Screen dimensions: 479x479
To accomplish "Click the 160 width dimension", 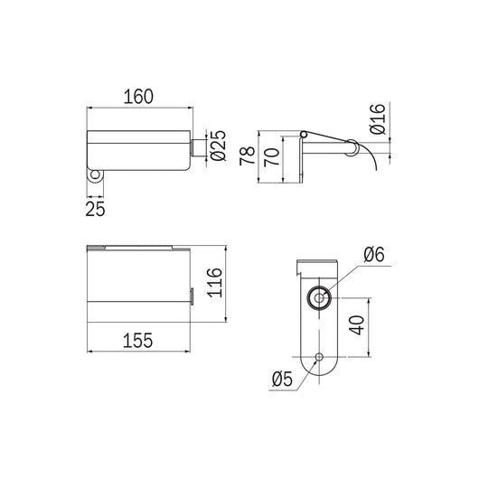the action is [x=138, y=97].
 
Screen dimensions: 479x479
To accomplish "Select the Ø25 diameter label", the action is [x=218, y=146].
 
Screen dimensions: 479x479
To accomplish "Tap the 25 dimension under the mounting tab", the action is [x=95, y=209].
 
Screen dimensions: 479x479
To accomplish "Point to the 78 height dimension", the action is [x=247, y=156].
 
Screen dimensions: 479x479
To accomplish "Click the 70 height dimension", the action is [x=272, y=157].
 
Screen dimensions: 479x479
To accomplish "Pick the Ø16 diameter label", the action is [x=378, y=118].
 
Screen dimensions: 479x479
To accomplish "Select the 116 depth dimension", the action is [x=214, y=283].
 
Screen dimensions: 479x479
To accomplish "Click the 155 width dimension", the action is [x=137, y=341].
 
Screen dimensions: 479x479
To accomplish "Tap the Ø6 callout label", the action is [x=374, y=254].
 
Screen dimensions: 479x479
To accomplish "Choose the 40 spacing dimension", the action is [x=357, y=325].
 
